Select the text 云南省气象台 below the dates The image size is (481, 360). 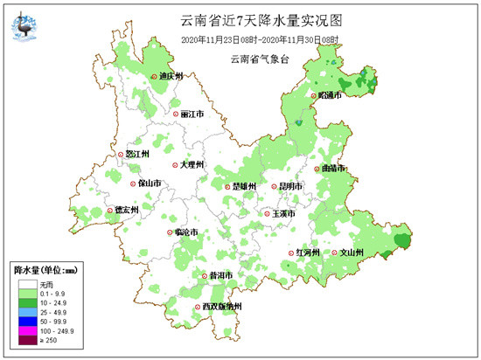click(x=261, y=59)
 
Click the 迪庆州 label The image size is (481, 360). click(x=171, y=77)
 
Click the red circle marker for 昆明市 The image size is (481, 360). click(x=273, y=186)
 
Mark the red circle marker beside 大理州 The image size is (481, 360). click(x=173, y=163)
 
